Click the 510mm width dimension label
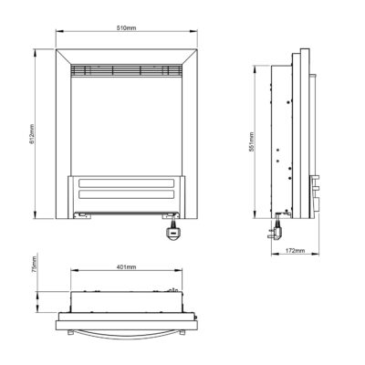127,28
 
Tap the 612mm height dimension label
32,134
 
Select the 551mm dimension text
251,142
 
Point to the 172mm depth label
295,251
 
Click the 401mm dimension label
127,267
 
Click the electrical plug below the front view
173,231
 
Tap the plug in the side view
276,230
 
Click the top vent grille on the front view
127,70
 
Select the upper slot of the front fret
127,183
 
